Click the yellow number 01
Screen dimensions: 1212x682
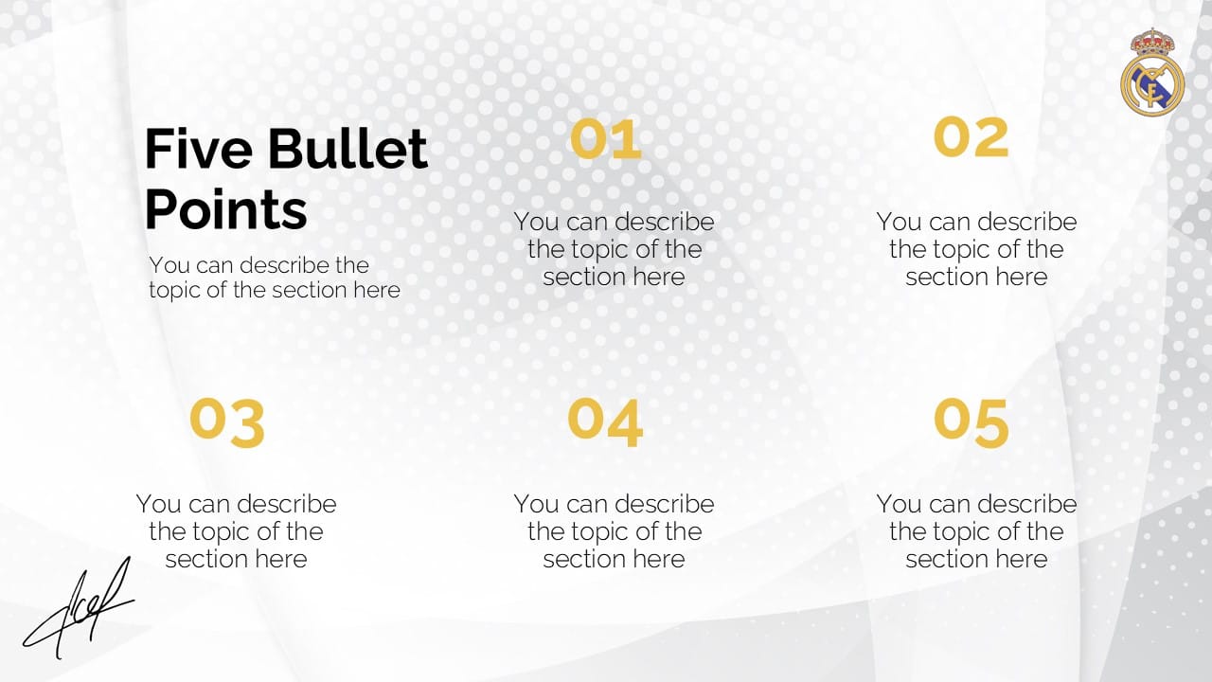point(606,138)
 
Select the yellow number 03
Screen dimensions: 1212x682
point(227,422)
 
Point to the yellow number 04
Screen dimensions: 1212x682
point(605,422)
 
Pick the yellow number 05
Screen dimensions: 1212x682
point(971,422)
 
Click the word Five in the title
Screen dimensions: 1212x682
point(199,149)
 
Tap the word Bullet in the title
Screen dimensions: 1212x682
point(348,149)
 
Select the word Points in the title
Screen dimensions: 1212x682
point(225,210)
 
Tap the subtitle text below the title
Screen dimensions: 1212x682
point(275,278)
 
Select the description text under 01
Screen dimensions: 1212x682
point(615,249)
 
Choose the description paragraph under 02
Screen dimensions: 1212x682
point(976,249)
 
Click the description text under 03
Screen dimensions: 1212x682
point(236,531)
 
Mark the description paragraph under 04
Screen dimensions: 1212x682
point(615,531)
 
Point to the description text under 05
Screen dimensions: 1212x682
point(976,531)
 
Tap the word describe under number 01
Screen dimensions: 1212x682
point(665,222)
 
